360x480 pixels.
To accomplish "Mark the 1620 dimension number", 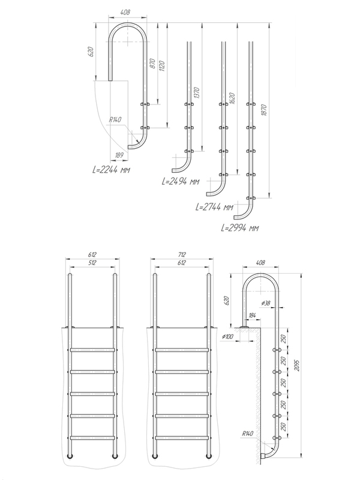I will (x=232, y=99).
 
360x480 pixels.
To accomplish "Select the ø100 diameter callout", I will (x=227, y=337).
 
